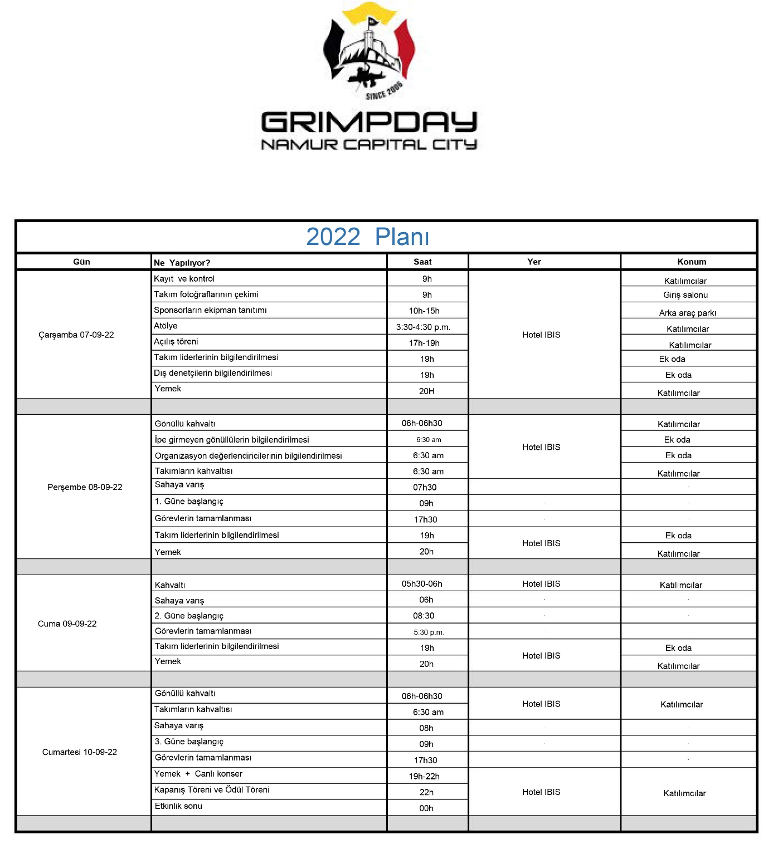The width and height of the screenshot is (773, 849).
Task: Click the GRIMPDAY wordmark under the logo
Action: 368,122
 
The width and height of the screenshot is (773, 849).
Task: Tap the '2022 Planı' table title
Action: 368,237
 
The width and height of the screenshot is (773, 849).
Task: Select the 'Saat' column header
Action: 422,262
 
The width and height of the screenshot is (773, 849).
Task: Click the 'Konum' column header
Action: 692,262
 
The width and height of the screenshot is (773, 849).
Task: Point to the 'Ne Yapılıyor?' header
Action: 182,263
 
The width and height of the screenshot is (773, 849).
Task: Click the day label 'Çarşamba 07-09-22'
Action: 76,335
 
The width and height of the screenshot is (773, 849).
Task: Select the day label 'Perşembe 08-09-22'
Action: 85,487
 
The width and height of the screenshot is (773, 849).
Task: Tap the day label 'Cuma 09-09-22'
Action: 67,624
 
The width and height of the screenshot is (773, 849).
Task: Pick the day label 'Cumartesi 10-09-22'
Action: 80,752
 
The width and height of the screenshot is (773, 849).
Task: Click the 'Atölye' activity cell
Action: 166,326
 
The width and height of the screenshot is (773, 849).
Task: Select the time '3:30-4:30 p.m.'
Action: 424,327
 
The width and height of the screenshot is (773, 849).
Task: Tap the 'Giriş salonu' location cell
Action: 686,295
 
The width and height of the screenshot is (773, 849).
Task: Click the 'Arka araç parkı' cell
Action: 688,313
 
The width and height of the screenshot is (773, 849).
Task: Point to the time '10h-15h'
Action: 424,311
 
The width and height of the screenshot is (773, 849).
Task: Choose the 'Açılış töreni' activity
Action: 176,342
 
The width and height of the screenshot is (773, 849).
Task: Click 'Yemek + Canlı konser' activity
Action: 198,774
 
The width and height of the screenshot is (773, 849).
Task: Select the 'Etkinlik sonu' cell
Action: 178,806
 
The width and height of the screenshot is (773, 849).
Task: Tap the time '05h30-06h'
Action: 422,584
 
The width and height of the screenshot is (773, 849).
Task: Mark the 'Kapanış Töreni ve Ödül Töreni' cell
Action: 212,790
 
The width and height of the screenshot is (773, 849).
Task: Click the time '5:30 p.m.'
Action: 429,632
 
